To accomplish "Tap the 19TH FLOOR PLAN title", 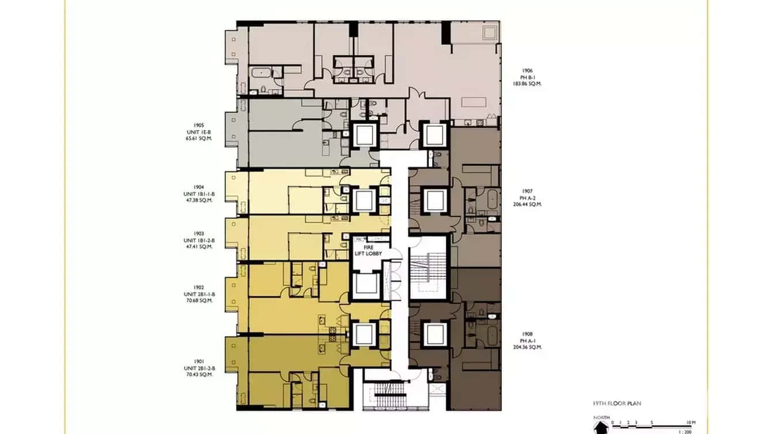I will pyautogui.click(x=617, y=403).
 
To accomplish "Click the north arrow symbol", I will pyautogui.click(x=601, y=427).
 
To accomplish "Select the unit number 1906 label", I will pyautogui.click(x=528, y=71).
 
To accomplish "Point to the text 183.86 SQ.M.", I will pyautogui.click(x=528, y=84).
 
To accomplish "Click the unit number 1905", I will pyautogui.click(x=199, y=125).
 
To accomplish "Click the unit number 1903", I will pyautogui.click(x=199, y=234).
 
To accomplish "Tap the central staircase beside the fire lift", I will pyautogui.click(x=427, y=268).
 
